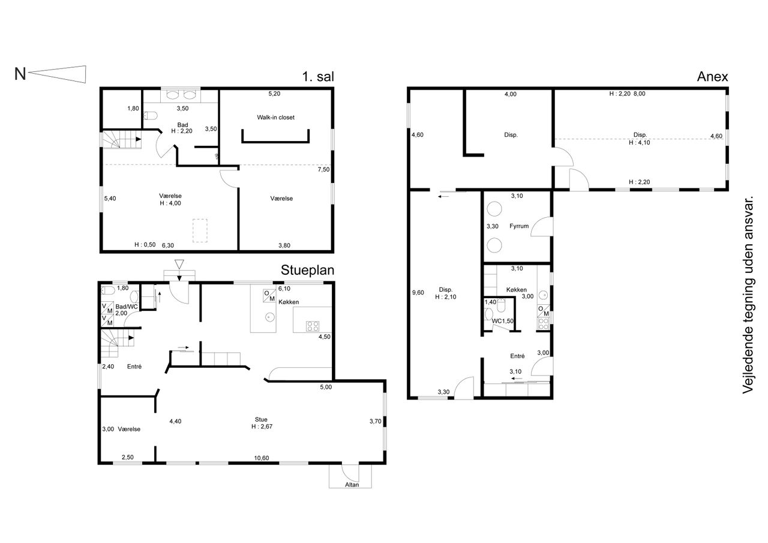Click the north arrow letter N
pyautogui.click(x=20, y=74)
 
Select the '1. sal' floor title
pyautogui.click(x=318, y=76)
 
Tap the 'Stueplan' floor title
pyautogui.click(x=307, y=270)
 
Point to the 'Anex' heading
pyautogui.click(x=712, y=76)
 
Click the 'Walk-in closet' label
pyautogui.click(x=275, y=117)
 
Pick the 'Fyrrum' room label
pyautogui.click(x=519, y=226)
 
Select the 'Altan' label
pyautogui.click(x=352, y=485)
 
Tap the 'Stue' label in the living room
pyautogui.click(x=261, y=419)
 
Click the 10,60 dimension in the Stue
pyautogui.click(x=261, y=458)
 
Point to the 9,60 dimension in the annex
pyautogui.click(x=418, y=293)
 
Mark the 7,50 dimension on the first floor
pyautogui.click(x=323, y=170)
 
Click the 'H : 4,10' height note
pyautogui.click(x=639, y=143)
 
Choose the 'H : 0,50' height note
pyautogui.click(x=145, y=245)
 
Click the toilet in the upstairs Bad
pyautogui.click(x=150, y=116)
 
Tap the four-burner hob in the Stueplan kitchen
pyautogui.click(x=313, y=326)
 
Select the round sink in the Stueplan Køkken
pyautogui.click(x=270, y=317)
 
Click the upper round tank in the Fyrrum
pyautogui.click(x=494, y=209)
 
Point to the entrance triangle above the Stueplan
pyautogui.click(x=179, y=265)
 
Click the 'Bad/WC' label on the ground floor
pyautogui.click(x=127, y=307)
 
